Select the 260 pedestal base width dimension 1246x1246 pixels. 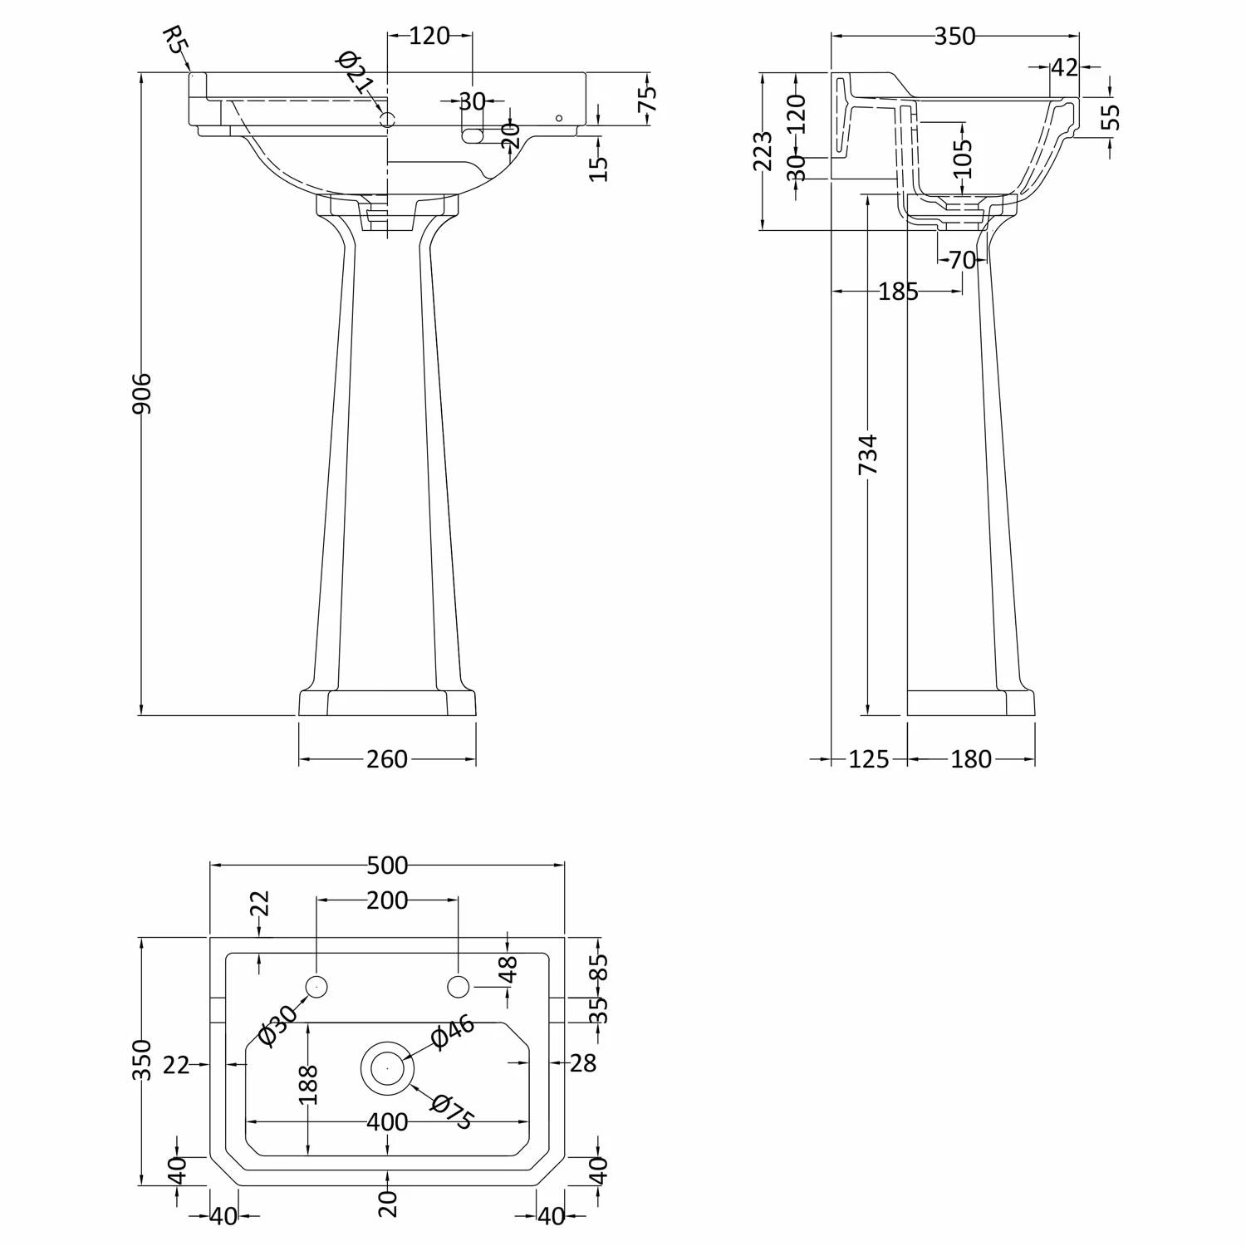[x=387, y=759]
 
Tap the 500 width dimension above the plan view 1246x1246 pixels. [x=387, y=866]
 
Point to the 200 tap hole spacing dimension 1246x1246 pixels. [x=387, y=900]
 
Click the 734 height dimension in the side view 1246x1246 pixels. [x=867, y=454]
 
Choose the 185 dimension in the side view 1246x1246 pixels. [x=898, y=292]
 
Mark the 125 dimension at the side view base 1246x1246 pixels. [x=869, y=759]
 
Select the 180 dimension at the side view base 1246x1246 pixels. [x=970, y=759]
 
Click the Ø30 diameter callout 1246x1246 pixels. [x=277, y=1026]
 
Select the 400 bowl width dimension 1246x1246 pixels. [x=387, y=1122]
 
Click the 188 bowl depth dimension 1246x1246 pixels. [x=308, y=1084]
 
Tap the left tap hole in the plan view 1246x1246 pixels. [x=316, y=987]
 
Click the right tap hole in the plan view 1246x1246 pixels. [x=459, y=987]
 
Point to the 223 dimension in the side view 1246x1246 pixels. [x=763, y=151]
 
